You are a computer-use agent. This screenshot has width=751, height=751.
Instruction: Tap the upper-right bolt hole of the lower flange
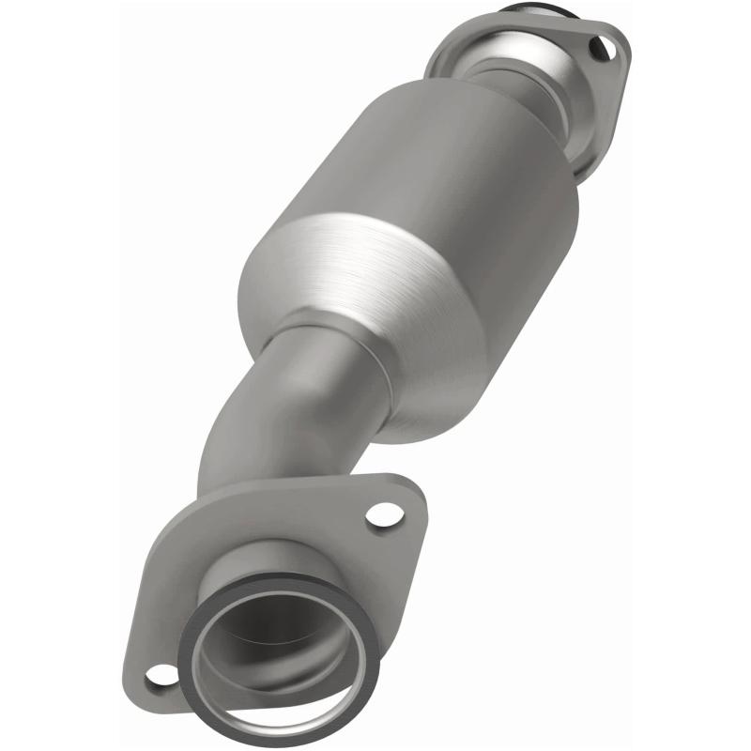pos(381,514)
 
